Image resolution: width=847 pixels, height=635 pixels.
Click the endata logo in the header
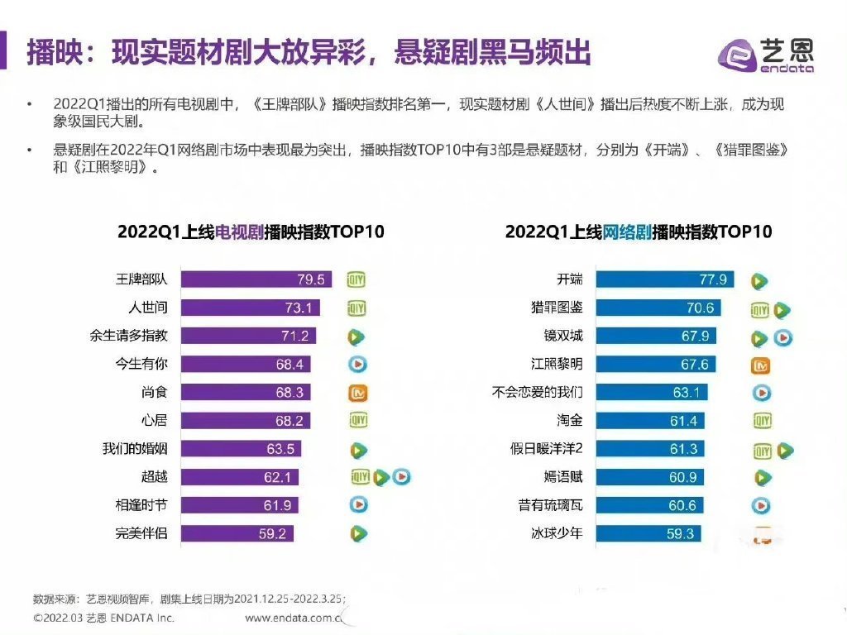765,55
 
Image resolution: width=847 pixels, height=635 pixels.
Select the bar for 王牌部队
256,279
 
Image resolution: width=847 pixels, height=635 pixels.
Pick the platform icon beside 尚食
357,393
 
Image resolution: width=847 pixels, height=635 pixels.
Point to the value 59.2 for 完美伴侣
272,533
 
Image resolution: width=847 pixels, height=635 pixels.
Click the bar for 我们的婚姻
241,449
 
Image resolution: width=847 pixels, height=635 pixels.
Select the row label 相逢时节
141,505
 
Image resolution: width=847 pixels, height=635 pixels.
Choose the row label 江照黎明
557,364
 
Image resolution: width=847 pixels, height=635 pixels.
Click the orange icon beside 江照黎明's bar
761,365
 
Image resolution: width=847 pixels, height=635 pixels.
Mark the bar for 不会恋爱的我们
648,392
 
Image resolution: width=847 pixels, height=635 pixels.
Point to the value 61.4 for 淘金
683,421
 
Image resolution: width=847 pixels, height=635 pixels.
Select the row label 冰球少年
557,533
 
